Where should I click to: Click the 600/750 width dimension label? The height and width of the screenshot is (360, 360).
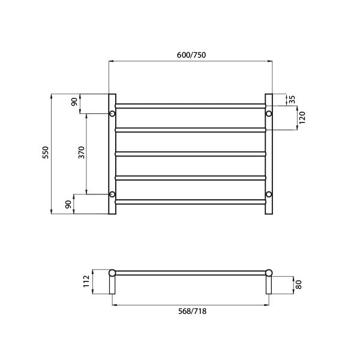(x=191, y=55)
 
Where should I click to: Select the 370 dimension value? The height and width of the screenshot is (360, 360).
(x=82, y=153)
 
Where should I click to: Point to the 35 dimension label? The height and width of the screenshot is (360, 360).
(x=292, y=100)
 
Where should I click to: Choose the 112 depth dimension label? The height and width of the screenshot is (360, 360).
(x=87, y=281)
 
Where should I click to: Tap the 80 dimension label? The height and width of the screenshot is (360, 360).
(x=298, y=283)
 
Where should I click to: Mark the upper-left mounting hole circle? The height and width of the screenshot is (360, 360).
(x=112, y=113)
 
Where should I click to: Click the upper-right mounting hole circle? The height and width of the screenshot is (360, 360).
(x=269, y=113)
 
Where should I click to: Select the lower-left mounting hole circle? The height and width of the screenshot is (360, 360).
(x=112, y=194)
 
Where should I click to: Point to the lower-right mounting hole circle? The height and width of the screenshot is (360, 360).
(x=269, y=194)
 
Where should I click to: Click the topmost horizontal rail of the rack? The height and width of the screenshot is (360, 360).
(x=190, y=106)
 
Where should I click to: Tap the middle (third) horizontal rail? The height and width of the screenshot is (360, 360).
(x=190, y=154)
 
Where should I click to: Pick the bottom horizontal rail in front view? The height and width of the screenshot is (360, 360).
(x=190, y=202)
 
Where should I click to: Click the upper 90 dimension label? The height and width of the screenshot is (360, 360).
(x=74, y=102)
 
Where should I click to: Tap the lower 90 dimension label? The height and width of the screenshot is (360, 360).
(x=68, y=204)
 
